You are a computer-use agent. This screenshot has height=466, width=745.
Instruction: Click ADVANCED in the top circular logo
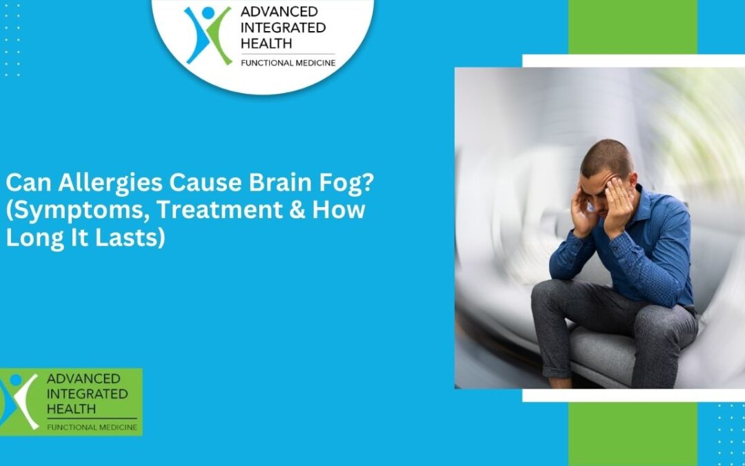(269, 12)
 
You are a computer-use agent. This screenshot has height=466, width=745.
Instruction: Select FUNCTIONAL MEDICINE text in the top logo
(287, 64)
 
